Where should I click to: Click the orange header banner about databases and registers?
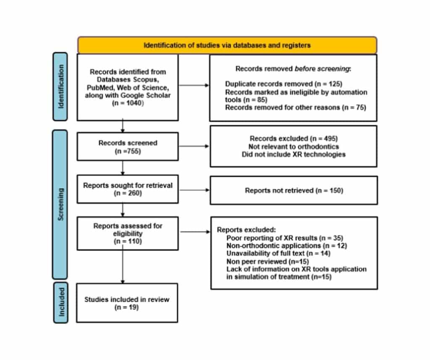click(227, 45)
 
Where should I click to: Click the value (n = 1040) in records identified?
click(127, 103)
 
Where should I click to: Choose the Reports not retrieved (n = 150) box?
click(294, 190)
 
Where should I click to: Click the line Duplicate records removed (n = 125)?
click(284, 84)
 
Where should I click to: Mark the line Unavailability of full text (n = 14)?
click(278, 253)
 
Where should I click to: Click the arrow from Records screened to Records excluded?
click(194, 146)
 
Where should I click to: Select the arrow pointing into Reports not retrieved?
click(194, 190)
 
